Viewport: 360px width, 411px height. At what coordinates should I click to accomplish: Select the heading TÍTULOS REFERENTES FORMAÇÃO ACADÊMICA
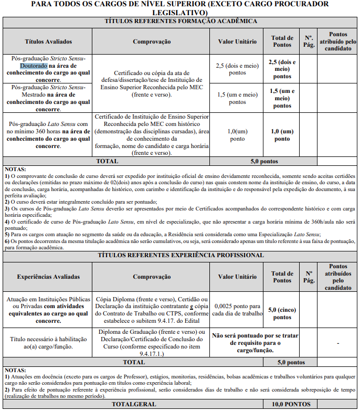click(x=181, y=22)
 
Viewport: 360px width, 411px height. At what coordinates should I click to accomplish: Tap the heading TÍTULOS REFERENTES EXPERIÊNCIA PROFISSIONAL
click(x=181, y=255)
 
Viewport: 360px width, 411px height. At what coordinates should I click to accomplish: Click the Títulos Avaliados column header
click(x=48, y=41)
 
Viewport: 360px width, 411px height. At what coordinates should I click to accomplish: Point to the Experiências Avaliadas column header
click(x=48, y=277)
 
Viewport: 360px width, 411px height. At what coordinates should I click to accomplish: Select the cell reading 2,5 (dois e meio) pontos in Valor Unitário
click(x=237, y=69)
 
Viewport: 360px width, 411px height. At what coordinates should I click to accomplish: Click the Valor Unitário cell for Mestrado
click(x=237, y=98)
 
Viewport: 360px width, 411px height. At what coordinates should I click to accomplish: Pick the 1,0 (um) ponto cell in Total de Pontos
click(x=282, y=135)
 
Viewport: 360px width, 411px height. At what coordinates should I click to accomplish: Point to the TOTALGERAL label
click(x=134, y=404)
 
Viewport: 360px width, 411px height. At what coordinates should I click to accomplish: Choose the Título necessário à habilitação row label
click(x=48, y=343)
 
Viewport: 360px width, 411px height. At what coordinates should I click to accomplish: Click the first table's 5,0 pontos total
click(x=264, y=161)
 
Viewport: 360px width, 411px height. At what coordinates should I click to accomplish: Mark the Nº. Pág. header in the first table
click(x=309, y=41)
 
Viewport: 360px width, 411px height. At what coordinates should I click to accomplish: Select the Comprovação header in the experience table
click(x=152, y=277)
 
